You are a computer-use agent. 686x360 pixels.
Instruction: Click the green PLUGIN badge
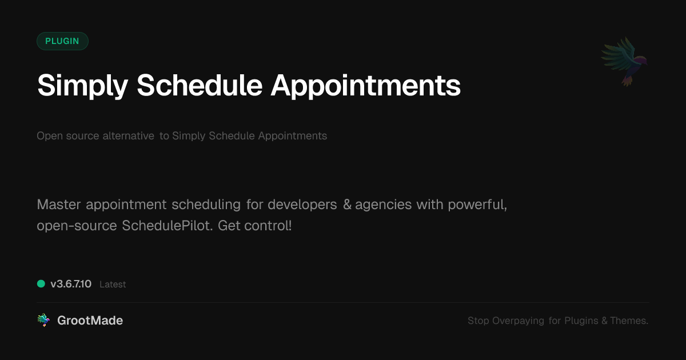pyautogui.click(x=62, y=41)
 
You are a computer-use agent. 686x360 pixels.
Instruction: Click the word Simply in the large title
pyautogui.click(x=83, y=86)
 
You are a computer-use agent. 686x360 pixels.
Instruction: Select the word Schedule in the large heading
pyautogui.click(x=200, y=85)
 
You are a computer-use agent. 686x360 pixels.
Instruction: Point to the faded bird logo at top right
pyautogui.click(x=624, y=62)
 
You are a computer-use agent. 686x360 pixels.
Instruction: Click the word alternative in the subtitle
pyautogui.click(x=128, y=135)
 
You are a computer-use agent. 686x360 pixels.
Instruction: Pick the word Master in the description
pyautogui.click(x=59, y=205)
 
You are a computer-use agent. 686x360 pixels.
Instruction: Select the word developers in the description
pyautogui.click(x=302, y=205)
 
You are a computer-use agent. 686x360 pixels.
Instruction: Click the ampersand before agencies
pyautogui.click(x=347, y=205)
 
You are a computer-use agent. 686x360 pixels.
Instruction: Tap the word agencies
pyautogui.click(x=383, y=205)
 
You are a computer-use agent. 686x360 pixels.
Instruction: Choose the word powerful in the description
pyautogui.click(x=476, y=205)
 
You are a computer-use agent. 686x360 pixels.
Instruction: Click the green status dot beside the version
pyautogui.click(x=41, y=284)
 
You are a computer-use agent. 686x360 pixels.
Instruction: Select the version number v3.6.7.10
pyautogui.click(x=71, y=284)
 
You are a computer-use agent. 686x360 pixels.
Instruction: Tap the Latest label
pyautogui.click(x=113, y=285)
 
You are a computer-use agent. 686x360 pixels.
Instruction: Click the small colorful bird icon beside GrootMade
pyautogui.click(x=43, y=320)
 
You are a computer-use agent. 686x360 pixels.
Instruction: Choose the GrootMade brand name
pyautogui.click(x=90, y=321)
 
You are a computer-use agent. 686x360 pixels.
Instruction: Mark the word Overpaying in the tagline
pyautogui.click(x=518, y=321)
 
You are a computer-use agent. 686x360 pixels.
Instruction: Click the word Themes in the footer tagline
pyautogui.click(x=628, y=321)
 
